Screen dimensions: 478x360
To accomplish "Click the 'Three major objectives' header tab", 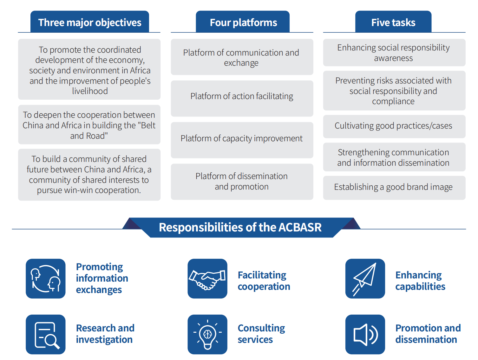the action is click(x=89, y=22).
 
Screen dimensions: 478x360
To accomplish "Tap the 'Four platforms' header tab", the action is click(x=243, y=22).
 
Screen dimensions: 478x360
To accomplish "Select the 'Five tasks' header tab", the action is click(x=393, y=22).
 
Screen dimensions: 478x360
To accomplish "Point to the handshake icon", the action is click(x=207, y=278).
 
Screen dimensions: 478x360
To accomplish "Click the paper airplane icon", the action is click(x=365, y=278).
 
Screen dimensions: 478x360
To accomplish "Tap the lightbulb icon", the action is click(x=207, y=334).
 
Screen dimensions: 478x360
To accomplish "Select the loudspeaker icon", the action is click(x=365, y=334).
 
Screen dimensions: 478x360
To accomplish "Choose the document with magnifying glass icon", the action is click(x=45, y=334).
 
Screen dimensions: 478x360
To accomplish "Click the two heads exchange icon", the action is click(x=45, y=278).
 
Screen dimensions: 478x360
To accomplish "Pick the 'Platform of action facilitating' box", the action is click(x=242, y=98).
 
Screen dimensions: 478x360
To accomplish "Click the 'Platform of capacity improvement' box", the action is click(x=242, y=140).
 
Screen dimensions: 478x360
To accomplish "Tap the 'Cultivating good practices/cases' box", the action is click(x=394, y=126).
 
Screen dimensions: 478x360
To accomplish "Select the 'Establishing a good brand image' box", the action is click(x=394, y=188).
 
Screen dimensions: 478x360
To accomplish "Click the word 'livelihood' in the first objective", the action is click(x=90, y=91).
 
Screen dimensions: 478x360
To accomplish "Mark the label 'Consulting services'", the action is click(x=261, y=334).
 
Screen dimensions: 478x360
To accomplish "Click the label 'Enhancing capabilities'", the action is click(x=420, y=281).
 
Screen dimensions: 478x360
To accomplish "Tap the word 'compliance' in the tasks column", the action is click(x=393, y=101).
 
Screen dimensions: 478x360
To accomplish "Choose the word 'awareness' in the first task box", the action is click(x=393, y=58).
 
